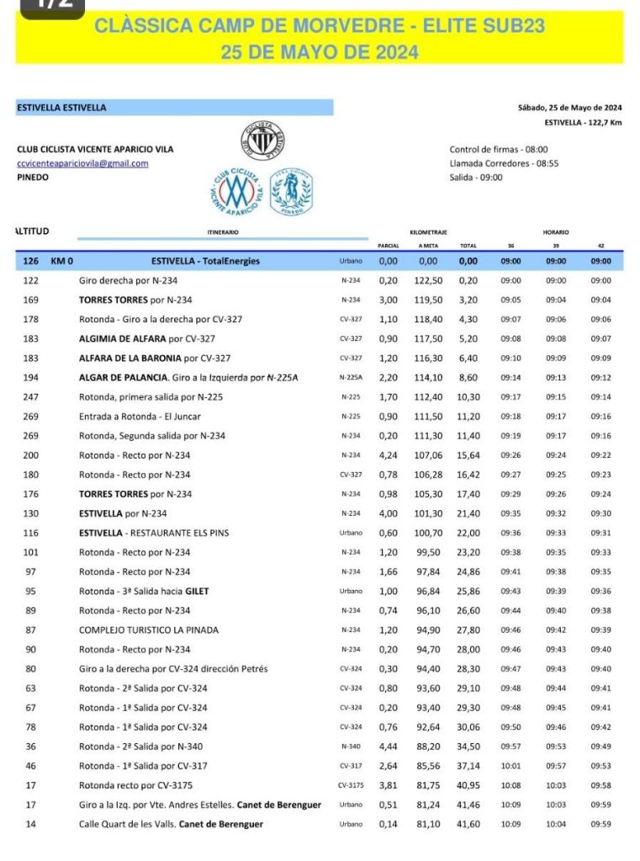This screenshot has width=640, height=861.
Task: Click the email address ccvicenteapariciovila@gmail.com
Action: click(x=82, y=163)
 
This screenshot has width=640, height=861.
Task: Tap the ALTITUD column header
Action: click(x=33, y=231)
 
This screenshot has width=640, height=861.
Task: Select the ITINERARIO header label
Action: click(x=223, y=231)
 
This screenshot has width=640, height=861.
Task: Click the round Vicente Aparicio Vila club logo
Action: click(x=233, y=189)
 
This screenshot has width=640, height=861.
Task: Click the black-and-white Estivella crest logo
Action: click(x=263, y=140)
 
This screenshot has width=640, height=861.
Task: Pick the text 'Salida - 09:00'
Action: click(x=476, y=178)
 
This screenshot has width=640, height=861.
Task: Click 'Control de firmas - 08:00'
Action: click(x=499, y=150)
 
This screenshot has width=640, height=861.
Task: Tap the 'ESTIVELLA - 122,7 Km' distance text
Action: click(x=583, y=122)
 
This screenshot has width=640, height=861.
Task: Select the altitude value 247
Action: click(x=31, y=396)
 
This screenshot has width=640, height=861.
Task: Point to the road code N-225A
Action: click(x=351, y=378)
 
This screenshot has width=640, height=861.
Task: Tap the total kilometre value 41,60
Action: click(x=469, y=824)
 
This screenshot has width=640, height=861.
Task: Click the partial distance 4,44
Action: click(x=388, y=747)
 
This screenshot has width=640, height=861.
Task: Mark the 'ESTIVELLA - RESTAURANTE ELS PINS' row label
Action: click(x=154, y=532)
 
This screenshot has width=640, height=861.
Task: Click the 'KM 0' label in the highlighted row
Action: click(x=62, y=261)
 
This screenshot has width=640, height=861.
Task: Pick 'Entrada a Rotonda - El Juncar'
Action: click(x=140, y=416)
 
